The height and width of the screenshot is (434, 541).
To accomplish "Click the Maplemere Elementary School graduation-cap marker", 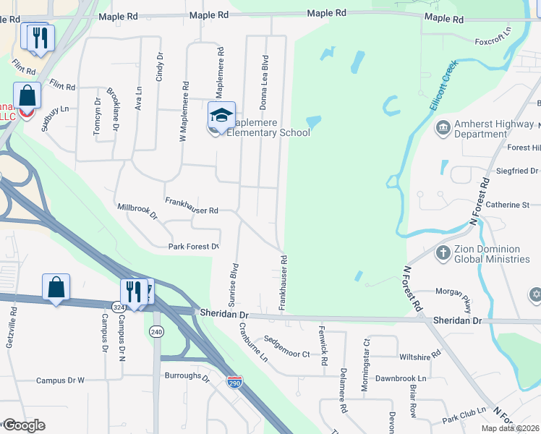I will click(222, 116).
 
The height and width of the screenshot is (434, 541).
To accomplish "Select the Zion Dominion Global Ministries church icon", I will click(443, 253).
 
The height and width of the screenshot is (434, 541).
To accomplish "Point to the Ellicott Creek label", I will click(443, 85).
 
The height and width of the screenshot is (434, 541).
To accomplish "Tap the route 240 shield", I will click(156, 331).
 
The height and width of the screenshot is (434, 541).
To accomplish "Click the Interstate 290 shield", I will click(234, 381).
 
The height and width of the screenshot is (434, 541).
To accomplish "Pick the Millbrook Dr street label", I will click(137, 211).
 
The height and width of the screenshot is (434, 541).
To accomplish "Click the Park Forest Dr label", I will click(193, 247).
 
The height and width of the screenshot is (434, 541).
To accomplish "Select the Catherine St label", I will click(508, 205).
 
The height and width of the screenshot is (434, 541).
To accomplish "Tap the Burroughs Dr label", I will click(187, 377).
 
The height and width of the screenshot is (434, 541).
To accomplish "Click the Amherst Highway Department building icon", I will click(443, 129).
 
